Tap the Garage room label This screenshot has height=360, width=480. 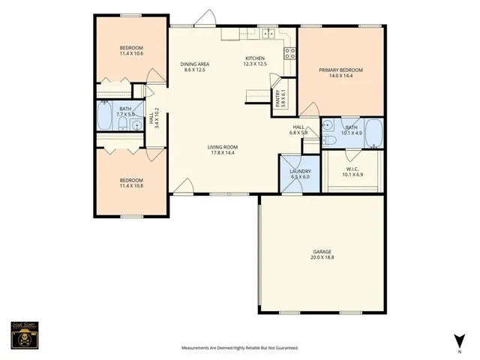pos(322,254)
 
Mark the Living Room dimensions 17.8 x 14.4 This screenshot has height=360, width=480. pos(221,152)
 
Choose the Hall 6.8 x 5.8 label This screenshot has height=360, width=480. pos(298,130)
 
